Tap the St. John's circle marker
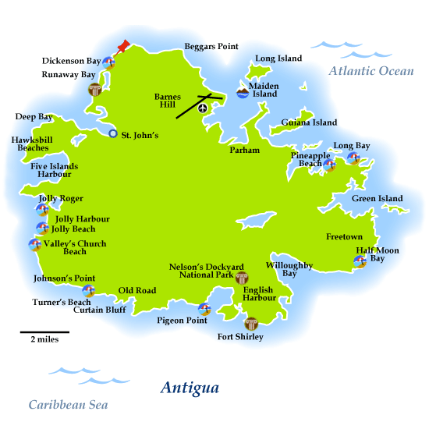(x=113, y=134)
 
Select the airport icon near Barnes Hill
(x=204, y=108)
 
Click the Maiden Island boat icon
(x=243, y=93)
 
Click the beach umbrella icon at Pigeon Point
(x=204, y=309)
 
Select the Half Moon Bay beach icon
(x=360, y=261)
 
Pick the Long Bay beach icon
(x=353, y=158)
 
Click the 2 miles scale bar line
(x=44, y=332)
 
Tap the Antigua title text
(x=190, y=388)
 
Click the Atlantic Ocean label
(x=371, y=71)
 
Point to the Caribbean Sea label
(x=68, y=405)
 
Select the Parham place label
(x=244, y=150)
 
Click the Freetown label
(x=344, y=236)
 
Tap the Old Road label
(x=137, y=291)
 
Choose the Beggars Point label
(x=211, y=47)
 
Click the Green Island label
(x=378, y=199)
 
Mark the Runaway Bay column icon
(x=95, y=89)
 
